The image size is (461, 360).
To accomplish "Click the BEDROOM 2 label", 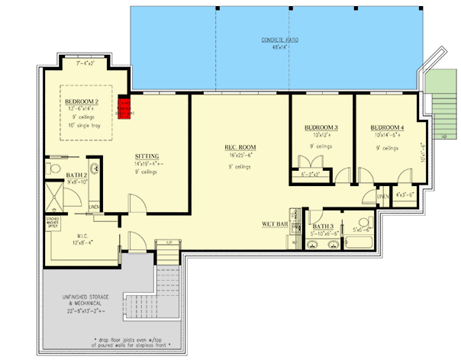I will pyautogui.click(x=79, y=101).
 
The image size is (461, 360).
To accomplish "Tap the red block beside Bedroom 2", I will pyautogui.click(x=124, y=107).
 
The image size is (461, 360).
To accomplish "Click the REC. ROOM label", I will pyautogui.click(x=239, y=147).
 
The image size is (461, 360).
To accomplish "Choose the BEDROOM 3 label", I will pyautogui.click(x=321, y=127).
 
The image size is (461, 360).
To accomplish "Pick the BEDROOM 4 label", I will pyautogui.click(x=387, y=127).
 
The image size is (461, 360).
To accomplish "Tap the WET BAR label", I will pyautogui.click(x=273, y=224).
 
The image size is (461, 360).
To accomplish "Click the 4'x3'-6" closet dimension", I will pyautogui.click(x=405, y=195).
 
